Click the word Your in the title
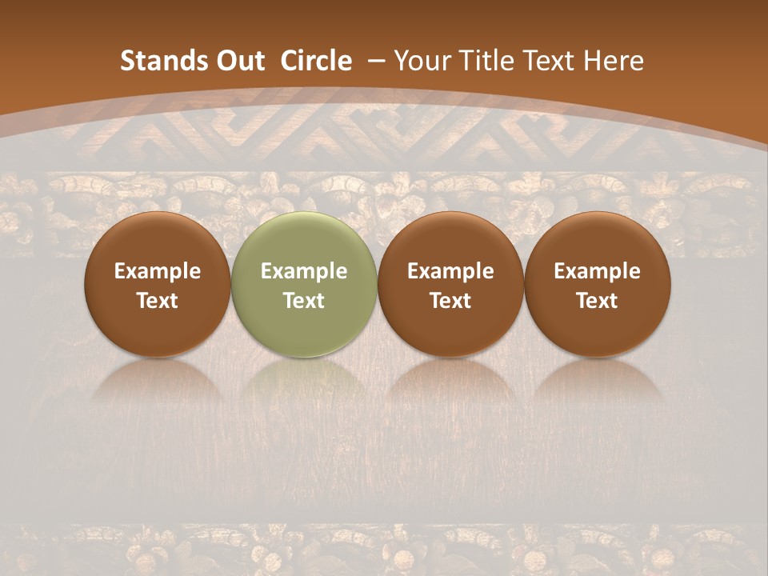pos(423,61)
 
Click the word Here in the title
pos(613,61)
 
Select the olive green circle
pos(304,240)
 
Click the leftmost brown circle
pos(158,240)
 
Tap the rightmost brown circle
pos(597,240)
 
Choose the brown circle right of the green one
pos(450,240)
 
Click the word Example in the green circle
pos(304,271)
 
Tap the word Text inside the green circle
pos(304,301)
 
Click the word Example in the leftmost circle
pos(158,271)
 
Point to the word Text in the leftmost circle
pos(158,301)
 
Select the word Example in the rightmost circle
pos(597,271)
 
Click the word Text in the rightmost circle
pos(597,301)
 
